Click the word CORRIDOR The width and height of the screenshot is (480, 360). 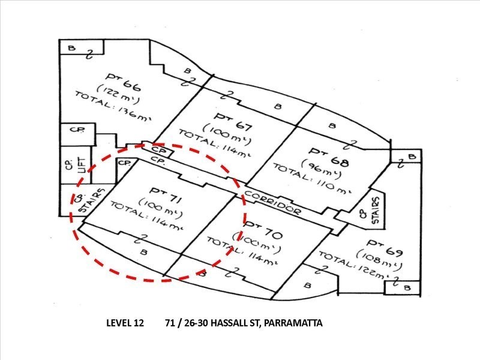coord(272,203)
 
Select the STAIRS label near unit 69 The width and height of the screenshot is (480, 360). coord(376,209)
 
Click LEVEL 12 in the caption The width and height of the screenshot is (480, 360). coord(125,323)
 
